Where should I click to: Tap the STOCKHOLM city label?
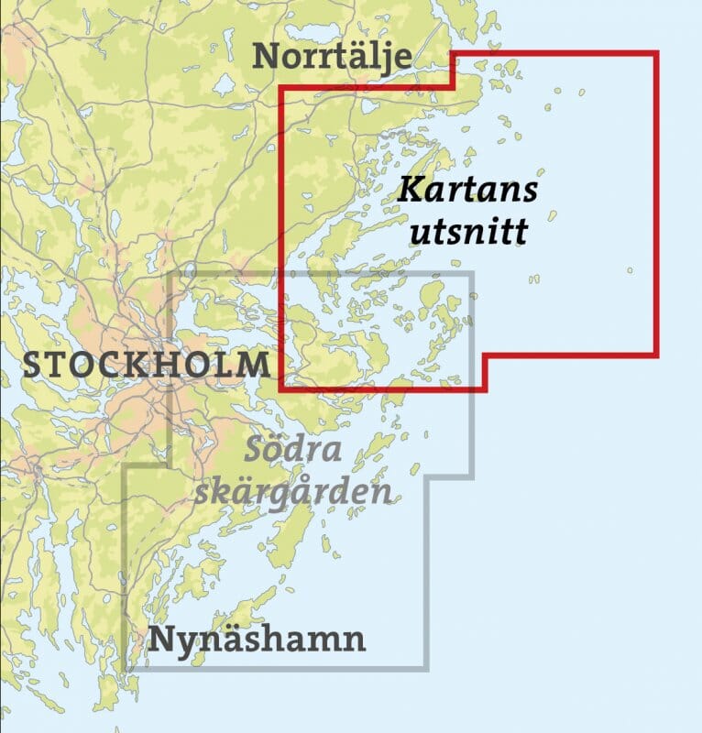point(146,364)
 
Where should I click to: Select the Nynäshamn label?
point(258,639)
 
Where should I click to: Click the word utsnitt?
point(467,231)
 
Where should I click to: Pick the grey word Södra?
point(292,451)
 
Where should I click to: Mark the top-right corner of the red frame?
point(657,54)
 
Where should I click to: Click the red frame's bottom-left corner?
point(281,388)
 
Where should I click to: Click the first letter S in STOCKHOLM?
point(32,365)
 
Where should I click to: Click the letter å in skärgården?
point(335,491)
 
